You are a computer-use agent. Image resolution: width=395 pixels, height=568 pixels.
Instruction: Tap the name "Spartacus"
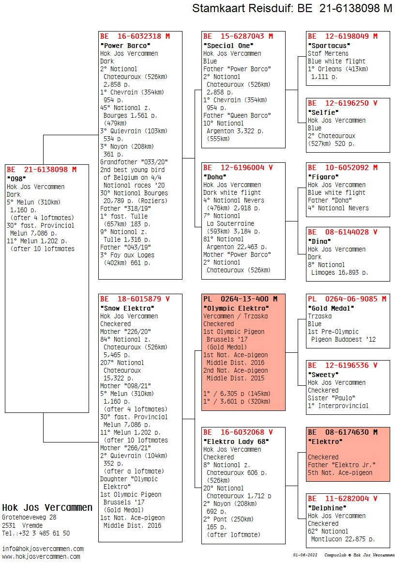point(329,46)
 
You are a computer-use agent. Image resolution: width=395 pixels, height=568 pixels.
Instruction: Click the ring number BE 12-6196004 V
point(238,168)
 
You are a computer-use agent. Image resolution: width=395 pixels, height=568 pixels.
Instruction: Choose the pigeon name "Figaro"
point(323,177)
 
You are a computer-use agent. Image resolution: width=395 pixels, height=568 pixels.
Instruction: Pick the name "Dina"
point(319,241)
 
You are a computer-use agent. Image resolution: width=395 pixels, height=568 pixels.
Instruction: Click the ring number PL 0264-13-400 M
point(240,299)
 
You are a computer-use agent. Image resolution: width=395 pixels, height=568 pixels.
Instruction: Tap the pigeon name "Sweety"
point(323,375)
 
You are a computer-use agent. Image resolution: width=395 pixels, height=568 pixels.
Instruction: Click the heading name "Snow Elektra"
point(127,308)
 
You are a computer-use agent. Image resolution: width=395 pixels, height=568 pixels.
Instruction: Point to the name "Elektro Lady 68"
point(236,442)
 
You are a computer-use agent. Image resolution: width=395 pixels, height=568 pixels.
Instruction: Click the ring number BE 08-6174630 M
point(342,432)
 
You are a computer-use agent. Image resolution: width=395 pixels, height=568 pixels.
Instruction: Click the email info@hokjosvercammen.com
point(43,549)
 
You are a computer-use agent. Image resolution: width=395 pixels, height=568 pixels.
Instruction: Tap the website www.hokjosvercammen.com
point(41,556)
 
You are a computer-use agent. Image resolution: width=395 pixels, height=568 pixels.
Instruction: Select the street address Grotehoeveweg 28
point(29,518)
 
